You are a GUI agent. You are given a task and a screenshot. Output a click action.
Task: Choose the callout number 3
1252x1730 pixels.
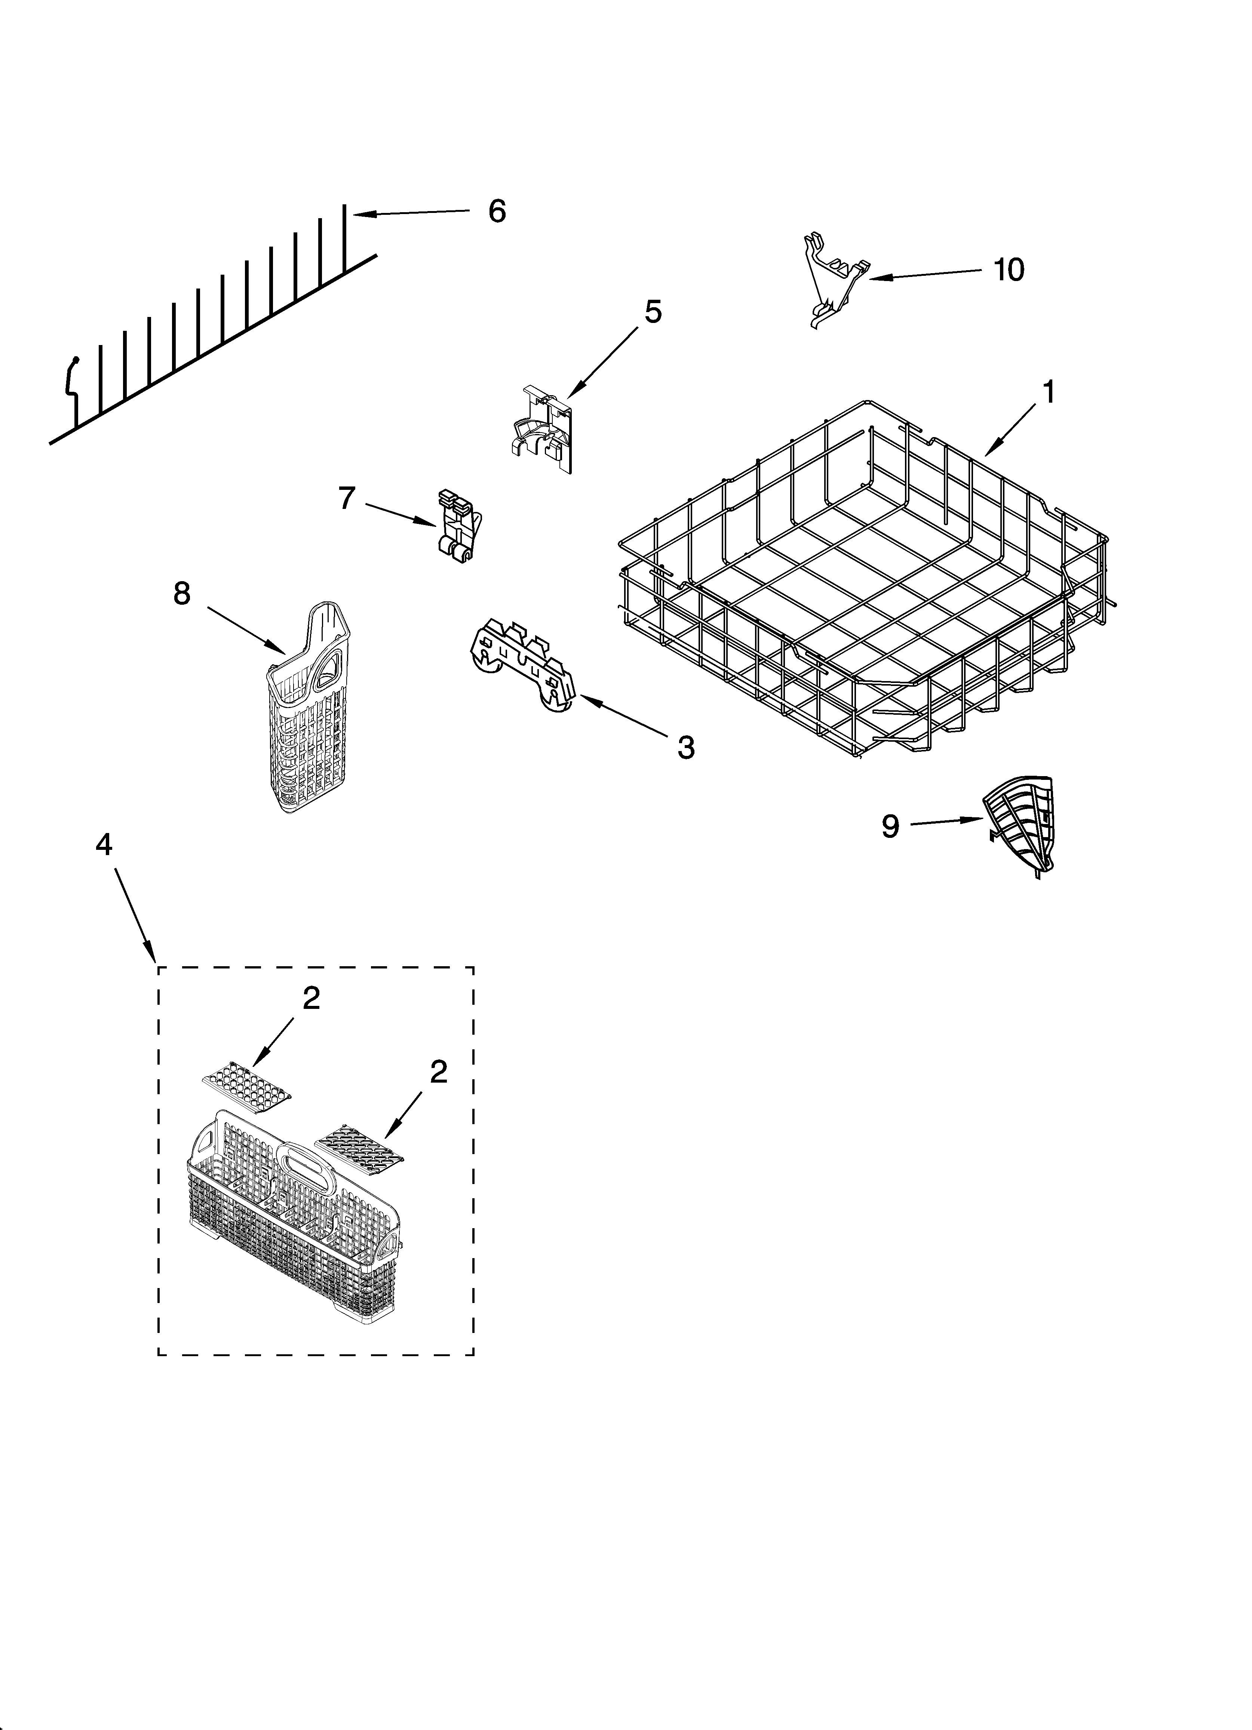[x=685, y=748]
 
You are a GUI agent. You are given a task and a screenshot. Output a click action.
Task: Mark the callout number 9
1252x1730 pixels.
[x=890, y=826]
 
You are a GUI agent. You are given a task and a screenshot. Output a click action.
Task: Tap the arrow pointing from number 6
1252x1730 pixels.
[x=412, y=214]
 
